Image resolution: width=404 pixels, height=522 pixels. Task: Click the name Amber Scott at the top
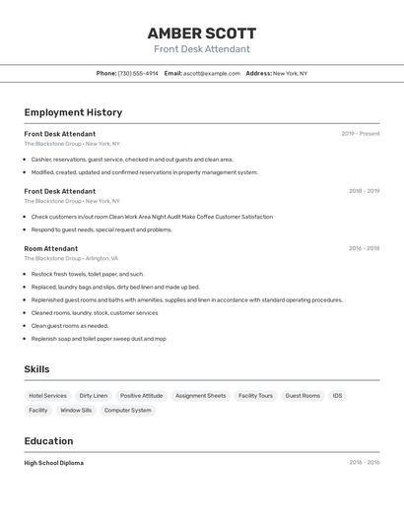[202, 33]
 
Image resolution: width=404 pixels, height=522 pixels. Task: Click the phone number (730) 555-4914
[138, 73]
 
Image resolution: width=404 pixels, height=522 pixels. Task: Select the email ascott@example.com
[211, 73]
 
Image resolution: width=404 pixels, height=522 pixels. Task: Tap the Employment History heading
[73, 112]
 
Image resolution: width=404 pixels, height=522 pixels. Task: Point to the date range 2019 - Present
[360, 134]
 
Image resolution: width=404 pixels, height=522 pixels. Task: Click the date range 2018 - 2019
[364, 191]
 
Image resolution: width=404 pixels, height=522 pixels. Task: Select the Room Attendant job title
[51, 248]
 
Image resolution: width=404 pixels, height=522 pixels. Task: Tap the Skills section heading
[37, 369]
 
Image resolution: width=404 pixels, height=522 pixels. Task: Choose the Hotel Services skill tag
[48, 396]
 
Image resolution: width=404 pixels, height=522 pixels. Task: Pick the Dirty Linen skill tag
[94, 396]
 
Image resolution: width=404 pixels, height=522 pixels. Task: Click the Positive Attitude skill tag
[141, 396]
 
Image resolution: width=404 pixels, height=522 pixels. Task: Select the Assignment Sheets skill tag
[200, 396]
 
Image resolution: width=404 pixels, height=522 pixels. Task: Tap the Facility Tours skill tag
[255, 396]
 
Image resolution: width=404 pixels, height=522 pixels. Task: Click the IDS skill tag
[338, 396]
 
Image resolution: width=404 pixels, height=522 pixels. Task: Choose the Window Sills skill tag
[76, 411]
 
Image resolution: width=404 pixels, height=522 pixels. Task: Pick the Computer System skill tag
[128, 411]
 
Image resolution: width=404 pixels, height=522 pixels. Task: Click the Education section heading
[48, 441]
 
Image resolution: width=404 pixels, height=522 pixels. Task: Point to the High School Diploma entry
[54, 463]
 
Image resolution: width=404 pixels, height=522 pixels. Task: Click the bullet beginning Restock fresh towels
[87, 274]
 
